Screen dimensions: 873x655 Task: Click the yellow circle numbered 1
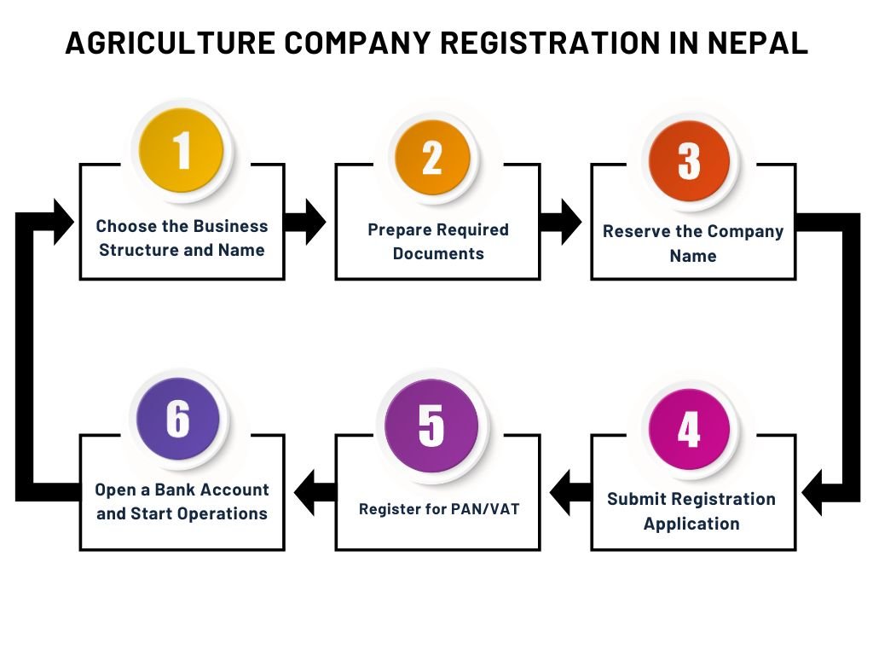[181, 150]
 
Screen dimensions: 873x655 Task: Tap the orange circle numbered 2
[432, 158]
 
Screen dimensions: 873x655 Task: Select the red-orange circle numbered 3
[689, 161]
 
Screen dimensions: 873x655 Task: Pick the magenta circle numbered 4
[689, 429]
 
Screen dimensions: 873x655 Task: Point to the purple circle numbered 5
[431, 426]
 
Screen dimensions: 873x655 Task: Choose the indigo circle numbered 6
[178, 419]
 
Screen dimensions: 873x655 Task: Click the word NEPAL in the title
[758, 43]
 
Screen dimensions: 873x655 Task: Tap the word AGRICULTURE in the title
[171, 43]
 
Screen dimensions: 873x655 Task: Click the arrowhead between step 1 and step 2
[315, 222]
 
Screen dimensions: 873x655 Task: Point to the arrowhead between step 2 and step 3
[571, 222]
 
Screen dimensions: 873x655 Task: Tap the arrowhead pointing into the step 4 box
[812, 492]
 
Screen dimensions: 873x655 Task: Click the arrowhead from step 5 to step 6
[304, 492]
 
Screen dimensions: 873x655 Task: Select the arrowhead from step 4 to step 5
[559, 492]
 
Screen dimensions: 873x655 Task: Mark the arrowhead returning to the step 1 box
[64, 222]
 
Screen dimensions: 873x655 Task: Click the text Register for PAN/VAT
[439, 508]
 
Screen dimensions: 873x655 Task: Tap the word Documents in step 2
[438, 253]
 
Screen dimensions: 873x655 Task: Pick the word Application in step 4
[691, 524]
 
